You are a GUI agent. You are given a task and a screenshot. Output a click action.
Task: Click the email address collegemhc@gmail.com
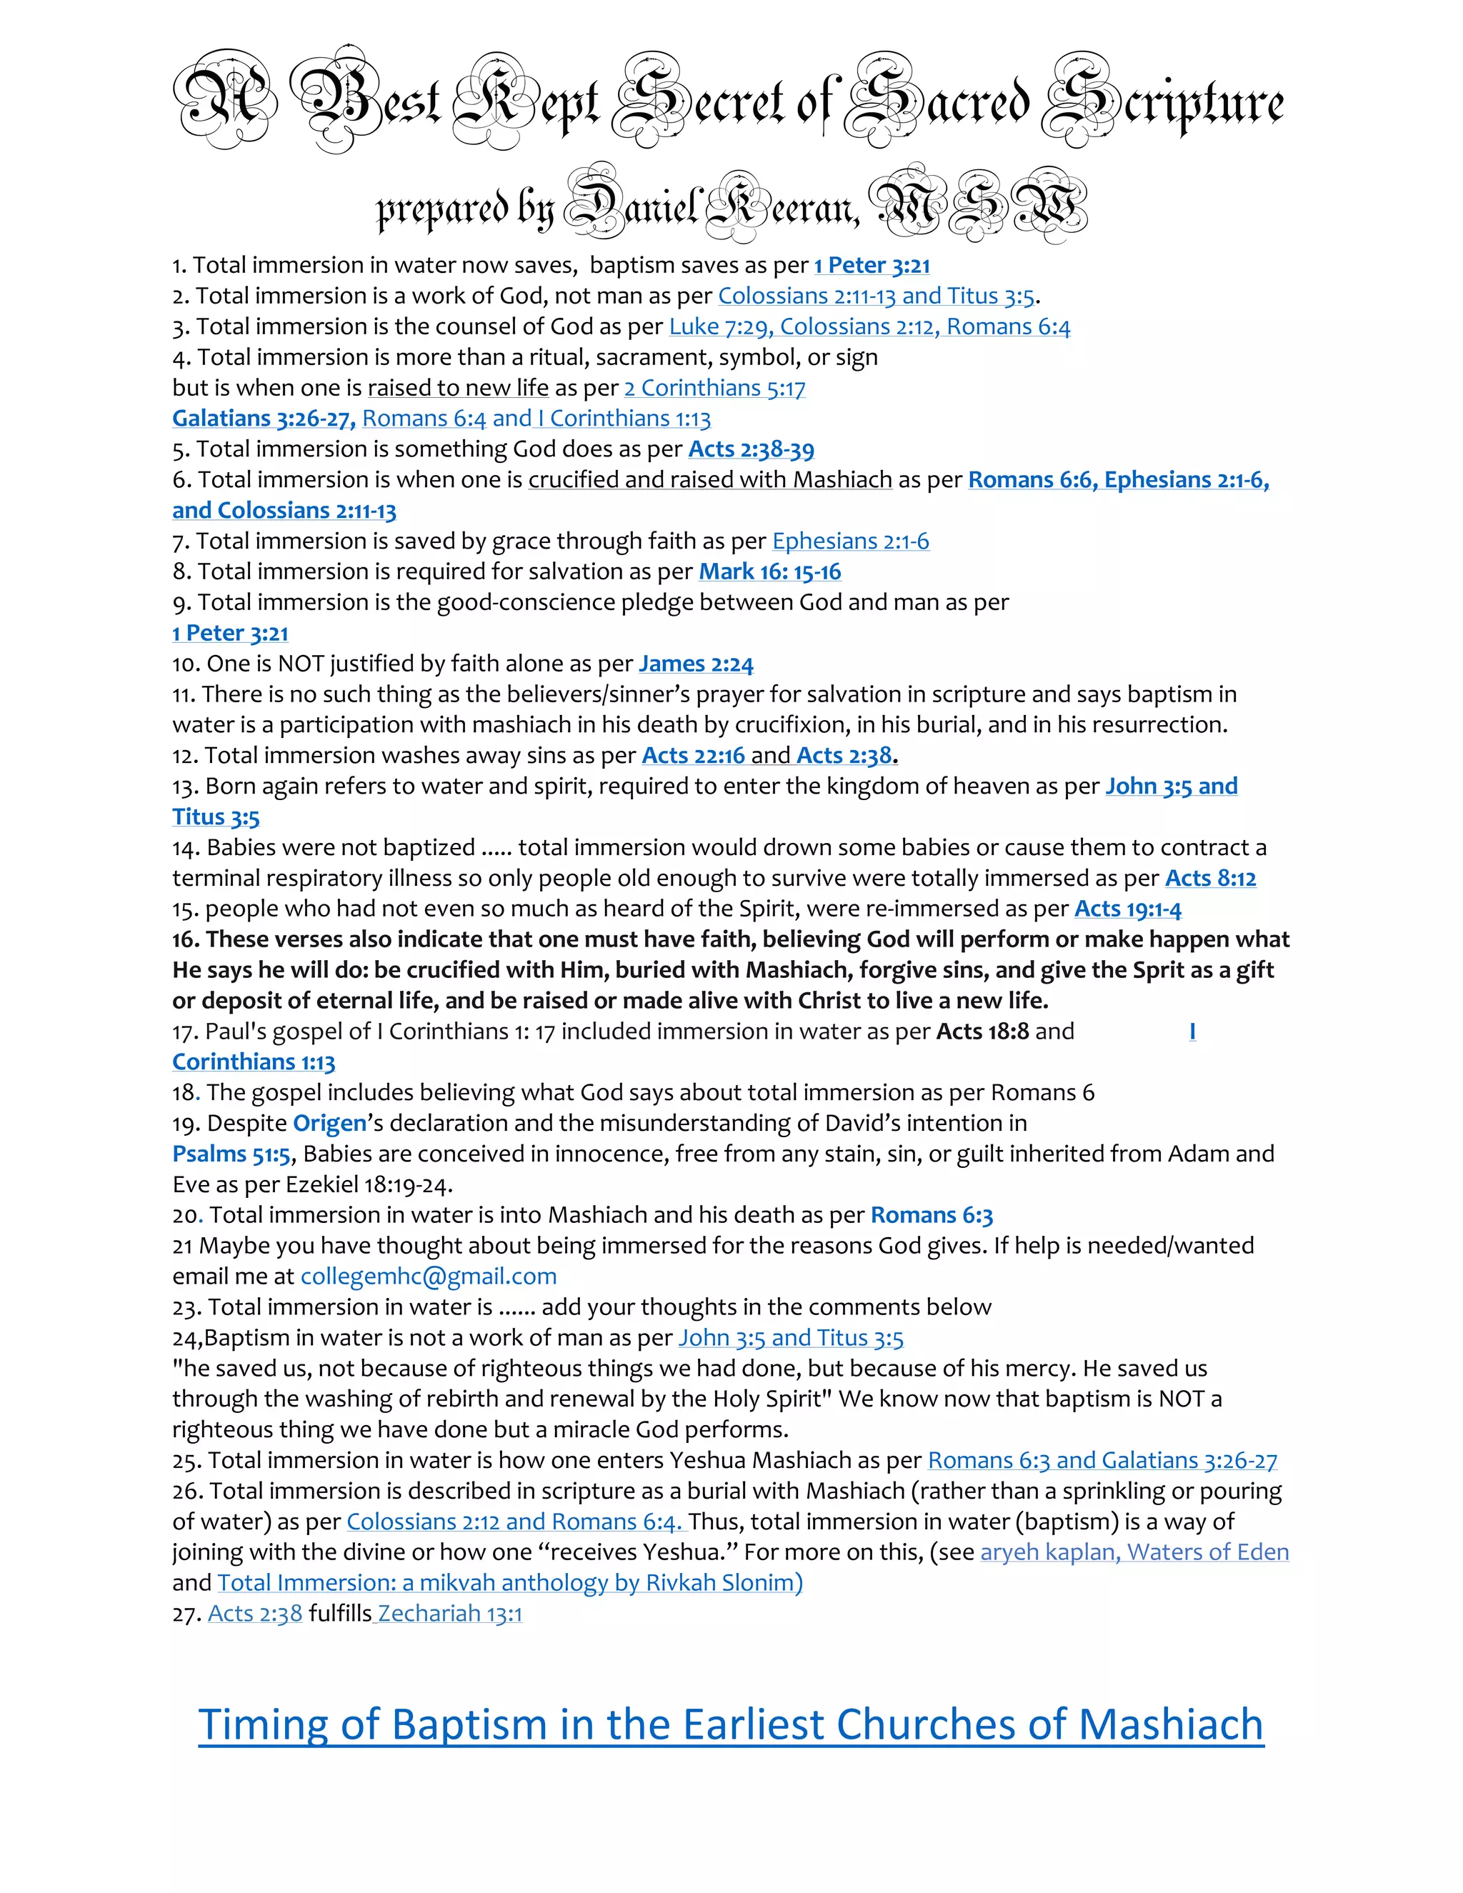[428, 1276]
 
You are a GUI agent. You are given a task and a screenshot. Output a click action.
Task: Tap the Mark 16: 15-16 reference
[769, 572]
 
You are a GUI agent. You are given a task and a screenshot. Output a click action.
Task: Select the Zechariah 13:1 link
[450, 1613]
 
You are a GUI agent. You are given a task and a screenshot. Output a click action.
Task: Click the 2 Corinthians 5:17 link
[715, 389]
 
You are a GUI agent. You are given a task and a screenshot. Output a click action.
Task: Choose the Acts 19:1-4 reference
[1127, 909]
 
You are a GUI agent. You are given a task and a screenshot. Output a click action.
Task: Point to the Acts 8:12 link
[1210, 878]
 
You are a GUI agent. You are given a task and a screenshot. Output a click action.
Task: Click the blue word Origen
[329, 1124]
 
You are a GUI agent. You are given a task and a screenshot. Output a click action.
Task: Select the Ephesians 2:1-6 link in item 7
[850, 541]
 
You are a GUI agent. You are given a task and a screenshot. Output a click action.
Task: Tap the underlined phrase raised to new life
[458, 389]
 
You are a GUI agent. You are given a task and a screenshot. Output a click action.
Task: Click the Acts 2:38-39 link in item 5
[751, 450]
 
